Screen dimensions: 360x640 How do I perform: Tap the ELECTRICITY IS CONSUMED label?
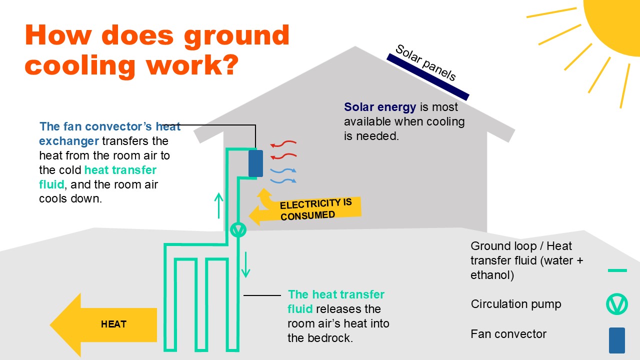(315, 209)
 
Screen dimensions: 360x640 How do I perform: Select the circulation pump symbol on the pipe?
(238, 229)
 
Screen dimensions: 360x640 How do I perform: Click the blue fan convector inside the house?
(255, 163)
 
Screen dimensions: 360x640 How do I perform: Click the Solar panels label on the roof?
(425, 63)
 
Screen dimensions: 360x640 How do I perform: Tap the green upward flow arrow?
(218, 205)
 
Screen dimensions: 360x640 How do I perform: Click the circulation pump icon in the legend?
(616, 304)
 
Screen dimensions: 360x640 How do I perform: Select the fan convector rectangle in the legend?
(616, 340)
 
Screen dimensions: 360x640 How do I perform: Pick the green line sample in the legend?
(617, 270)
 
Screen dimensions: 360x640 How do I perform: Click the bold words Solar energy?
(380, 107)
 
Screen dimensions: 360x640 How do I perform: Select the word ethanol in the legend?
(492, 275)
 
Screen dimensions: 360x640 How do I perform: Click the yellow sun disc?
(617, 20)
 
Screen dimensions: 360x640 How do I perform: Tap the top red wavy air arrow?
(283, 145)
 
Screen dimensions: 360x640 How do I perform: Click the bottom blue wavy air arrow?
(283, 180)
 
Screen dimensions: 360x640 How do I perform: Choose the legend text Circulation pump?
(516, 304)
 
